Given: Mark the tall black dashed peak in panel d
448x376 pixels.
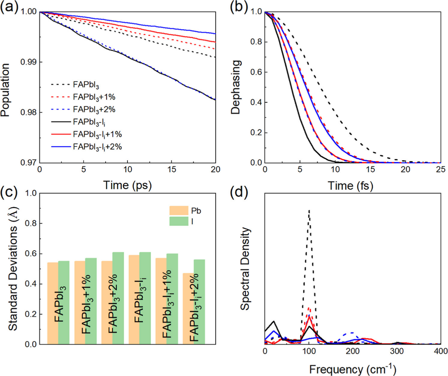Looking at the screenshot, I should [x=309, y=211].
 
